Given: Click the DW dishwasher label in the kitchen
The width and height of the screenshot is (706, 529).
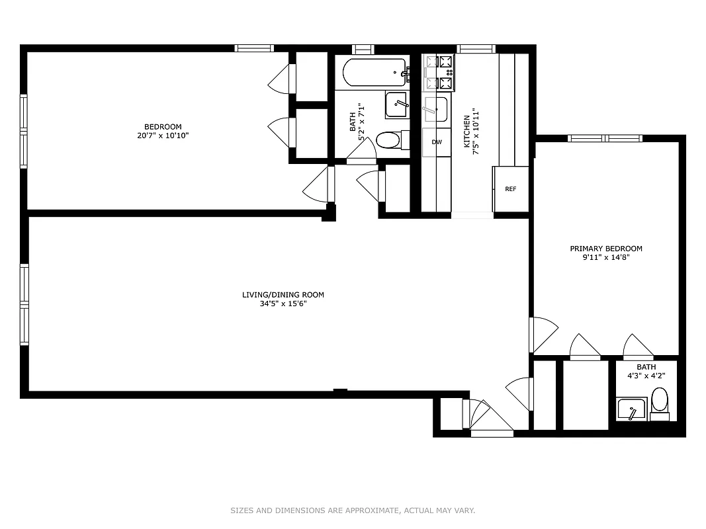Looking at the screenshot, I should point(436,142).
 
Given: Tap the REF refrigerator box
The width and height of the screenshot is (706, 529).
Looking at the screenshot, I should point(510,189).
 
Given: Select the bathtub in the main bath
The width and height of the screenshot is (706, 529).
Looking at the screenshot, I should point(371,73).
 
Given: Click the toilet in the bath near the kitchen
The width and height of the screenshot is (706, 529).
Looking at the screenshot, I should point(388,140).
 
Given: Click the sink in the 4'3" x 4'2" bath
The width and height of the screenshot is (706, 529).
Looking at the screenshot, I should point(632,409).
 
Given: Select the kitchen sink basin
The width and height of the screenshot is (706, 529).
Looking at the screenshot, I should point(435,108).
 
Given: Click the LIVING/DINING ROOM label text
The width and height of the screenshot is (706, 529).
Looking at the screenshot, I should point(283,295).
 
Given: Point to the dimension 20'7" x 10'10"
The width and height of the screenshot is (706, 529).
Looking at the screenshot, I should point(163,136).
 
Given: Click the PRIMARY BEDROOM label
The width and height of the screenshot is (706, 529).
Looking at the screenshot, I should point(606,249).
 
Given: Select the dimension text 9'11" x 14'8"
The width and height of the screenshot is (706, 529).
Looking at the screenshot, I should point(606,258).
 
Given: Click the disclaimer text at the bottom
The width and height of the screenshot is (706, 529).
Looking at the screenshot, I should point(353,510).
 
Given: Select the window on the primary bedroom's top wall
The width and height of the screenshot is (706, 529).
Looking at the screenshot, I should point(605,138).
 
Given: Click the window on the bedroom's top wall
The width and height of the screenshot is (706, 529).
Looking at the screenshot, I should point(254,48).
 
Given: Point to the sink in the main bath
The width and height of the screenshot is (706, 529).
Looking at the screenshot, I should point(397,104).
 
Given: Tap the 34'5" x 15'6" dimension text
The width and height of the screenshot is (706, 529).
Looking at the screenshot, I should point(283,304).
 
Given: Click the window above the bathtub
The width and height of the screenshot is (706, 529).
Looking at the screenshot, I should point(363,48).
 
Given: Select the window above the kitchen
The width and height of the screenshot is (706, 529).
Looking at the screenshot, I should point(476,48).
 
